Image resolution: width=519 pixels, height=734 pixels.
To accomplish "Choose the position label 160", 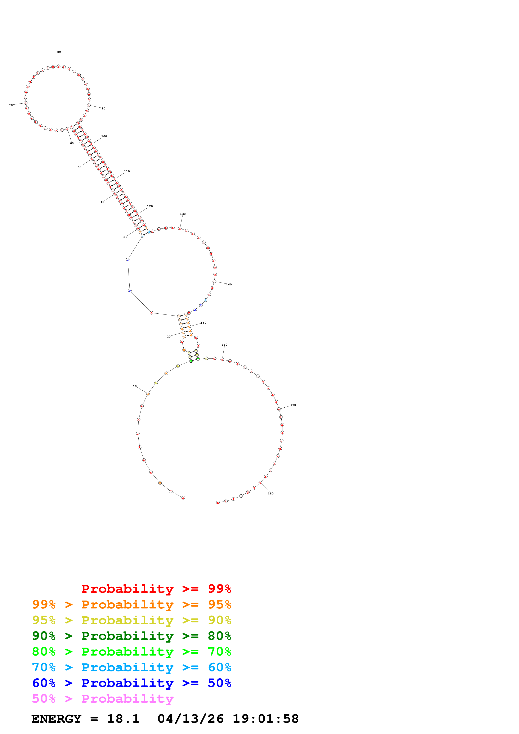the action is point(224,345).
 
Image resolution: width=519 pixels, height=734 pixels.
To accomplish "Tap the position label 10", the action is point(135,386).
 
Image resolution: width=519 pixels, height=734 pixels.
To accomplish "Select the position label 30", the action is point(125,237).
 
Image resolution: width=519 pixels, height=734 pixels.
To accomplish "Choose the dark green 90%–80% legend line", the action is point(131,636).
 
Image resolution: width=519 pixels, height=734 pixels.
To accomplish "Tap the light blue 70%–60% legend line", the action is point(131,667).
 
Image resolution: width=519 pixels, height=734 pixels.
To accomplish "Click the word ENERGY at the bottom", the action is point(56,719).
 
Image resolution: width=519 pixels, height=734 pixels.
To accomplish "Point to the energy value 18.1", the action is point(123,719).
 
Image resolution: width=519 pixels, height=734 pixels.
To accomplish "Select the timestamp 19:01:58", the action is point(265,719).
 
